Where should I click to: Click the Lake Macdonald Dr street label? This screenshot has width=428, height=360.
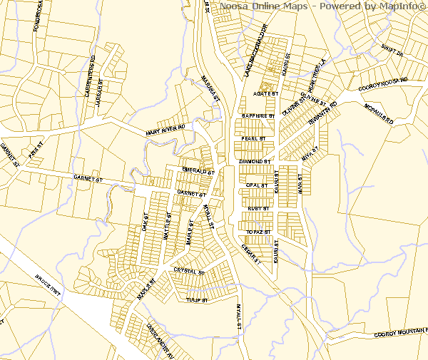[254, 51]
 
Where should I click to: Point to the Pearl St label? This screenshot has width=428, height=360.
[253, 138]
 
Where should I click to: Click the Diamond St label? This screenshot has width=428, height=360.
[255, 162]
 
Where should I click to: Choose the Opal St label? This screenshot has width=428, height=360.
[255, 185]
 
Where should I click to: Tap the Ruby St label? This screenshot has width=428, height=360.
[258, 208]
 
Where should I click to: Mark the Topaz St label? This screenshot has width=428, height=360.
[258, 232]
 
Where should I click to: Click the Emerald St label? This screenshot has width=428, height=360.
[198, 172]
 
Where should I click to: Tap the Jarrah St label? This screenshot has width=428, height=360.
[100, 93]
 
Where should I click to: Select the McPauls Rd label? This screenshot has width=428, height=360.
[379, 113]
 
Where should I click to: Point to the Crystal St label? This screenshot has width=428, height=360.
[188, 272]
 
